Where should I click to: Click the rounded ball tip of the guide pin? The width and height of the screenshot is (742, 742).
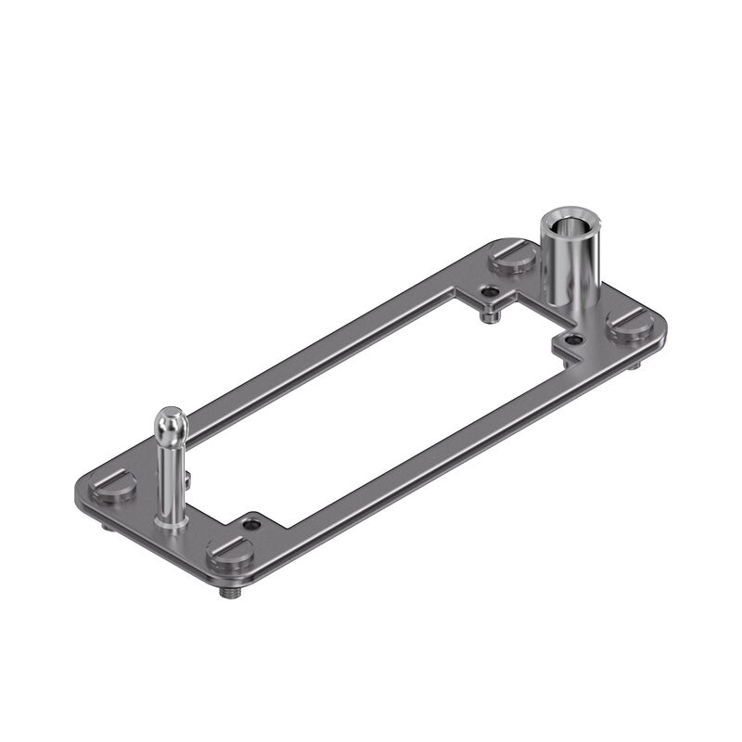171,422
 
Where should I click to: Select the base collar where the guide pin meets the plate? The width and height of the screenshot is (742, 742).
173,523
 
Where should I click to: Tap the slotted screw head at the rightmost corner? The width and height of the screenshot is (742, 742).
631,325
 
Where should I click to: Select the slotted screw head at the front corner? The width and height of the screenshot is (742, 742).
231,555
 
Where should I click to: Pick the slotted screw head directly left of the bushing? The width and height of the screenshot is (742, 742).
515,255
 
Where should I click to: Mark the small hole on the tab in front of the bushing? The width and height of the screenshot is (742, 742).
574,340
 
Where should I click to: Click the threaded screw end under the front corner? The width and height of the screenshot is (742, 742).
226,591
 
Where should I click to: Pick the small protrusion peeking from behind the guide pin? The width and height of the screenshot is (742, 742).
187,479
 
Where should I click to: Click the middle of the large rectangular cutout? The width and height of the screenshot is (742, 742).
371,408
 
